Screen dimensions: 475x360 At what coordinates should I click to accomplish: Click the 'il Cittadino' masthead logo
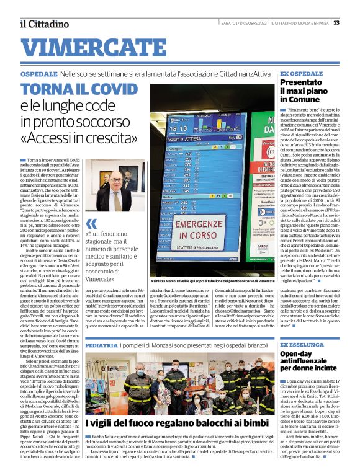[43, 24]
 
